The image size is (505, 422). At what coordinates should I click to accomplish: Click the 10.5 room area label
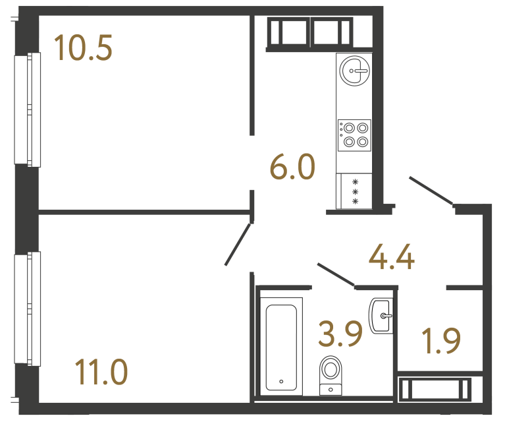coord(84,47)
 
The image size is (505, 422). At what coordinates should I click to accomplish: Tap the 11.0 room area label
coord(101,371)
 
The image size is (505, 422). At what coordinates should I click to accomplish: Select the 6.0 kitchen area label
coord(293,167)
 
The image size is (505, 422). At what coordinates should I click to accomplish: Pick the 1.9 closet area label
coord(440,341)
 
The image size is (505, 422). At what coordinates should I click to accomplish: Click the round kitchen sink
coord(354,70)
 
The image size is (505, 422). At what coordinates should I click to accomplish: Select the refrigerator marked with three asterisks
coord(354,191)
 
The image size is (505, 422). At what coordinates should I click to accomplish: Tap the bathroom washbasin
coord(382,316)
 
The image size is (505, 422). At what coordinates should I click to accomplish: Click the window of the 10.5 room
coord(28,109)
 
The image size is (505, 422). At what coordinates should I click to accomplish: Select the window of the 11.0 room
coord(28,309)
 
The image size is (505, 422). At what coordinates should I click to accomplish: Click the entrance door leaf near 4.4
coord(431,191)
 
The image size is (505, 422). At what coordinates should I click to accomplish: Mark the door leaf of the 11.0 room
coord(238,245)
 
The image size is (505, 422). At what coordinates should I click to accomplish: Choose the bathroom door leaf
coord(336,274)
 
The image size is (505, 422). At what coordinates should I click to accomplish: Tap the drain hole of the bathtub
coord(281,381)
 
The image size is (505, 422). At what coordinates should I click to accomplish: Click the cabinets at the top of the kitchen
coord(309,32)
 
